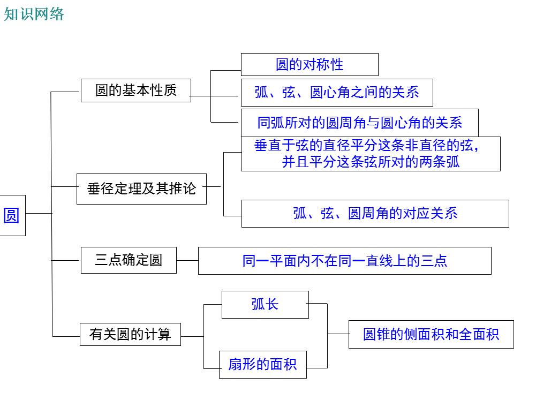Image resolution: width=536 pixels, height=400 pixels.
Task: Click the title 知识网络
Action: (x=34, y=14)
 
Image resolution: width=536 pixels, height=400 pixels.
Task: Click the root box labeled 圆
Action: (x=12, y=216)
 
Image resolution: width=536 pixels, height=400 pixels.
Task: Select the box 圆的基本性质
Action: (x=135, y=90)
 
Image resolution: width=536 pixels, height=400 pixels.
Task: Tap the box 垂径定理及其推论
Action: (x=141, y=188)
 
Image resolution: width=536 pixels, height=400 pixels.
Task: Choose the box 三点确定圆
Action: (x=129, y=260)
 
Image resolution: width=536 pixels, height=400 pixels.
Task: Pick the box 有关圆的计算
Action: (x=130, y=335)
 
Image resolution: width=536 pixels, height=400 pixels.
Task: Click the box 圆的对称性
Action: (x=309, y=65)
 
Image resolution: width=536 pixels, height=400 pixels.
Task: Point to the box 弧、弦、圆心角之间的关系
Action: (x=336, y=93)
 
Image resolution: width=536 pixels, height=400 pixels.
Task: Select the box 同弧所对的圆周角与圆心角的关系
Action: (x=359, y=123)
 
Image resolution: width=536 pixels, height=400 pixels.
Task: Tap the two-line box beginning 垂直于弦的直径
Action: (x=371, y=154)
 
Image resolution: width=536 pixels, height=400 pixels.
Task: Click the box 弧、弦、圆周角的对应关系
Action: (x=375, y=213)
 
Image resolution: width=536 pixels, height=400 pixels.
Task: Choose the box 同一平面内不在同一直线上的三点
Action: (x=344, y=261)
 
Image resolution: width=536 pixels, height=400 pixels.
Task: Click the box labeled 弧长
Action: (x=265, y=304)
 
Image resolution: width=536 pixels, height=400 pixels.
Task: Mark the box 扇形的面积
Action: (x=262, y=365)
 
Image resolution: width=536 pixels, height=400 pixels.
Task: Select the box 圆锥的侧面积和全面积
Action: (x=431, y=335)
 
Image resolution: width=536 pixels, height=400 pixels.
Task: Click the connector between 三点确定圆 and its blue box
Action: (x=187, y=260)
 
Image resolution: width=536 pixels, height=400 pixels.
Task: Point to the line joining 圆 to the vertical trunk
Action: (x=39, y=213)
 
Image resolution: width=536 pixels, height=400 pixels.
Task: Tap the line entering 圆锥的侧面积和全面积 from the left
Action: (x=338, y=334)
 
